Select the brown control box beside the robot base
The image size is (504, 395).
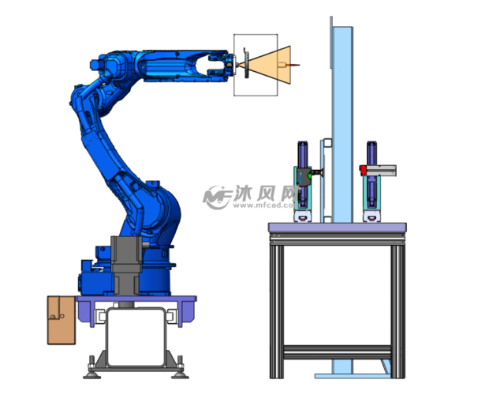[61, 320]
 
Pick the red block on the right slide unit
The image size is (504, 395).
[363, 170]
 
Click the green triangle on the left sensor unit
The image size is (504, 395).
[310, 175]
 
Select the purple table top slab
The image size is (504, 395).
[338, 228]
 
